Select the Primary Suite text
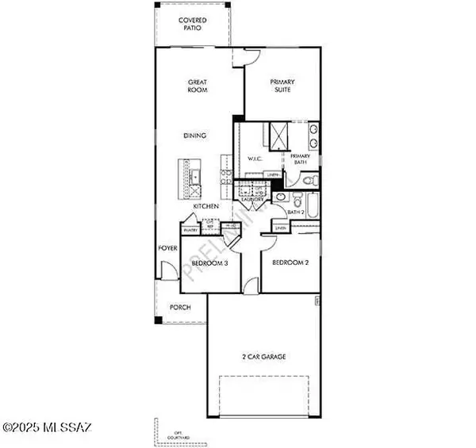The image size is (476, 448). click(x=282, y=86)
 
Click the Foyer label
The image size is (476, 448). click(x=167, y=248)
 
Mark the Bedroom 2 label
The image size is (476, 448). click(x=290, y=262)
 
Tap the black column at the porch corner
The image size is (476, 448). click(x=158, y=320)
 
